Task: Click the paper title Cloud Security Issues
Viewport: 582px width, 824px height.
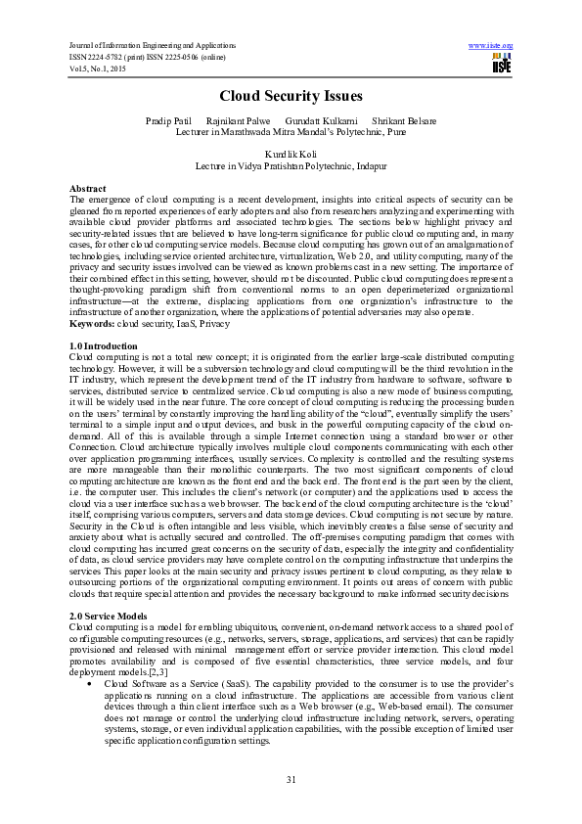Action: point(291,96)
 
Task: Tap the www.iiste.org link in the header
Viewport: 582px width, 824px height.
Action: point(491,46)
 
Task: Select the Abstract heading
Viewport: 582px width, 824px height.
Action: point(88,187)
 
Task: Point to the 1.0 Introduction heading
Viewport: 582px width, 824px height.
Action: point(104,346)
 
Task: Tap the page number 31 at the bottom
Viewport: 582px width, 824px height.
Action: point(291,779)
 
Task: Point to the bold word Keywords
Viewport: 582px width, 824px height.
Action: point(92,322)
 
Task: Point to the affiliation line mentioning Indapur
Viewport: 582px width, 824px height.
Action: point(291,166)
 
